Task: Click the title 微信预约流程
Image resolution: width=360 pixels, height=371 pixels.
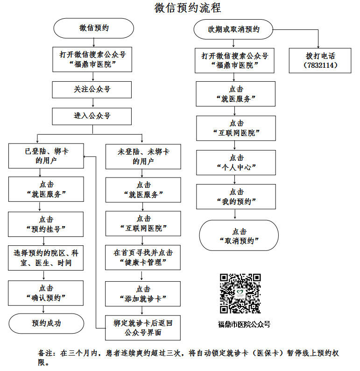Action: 187,8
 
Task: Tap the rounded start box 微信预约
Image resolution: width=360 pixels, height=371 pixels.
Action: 93,28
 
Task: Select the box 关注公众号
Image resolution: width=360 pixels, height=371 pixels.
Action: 92,90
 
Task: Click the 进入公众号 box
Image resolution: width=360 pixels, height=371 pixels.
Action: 92,116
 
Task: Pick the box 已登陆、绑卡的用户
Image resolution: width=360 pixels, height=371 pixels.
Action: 46,156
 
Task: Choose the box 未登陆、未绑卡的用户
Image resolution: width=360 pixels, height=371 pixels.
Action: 143,157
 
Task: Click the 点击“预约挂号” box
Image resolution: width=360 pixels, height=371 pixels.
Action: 46,224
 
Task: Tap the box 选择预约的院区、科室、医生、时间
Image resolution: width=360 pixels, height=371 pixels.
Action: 46,258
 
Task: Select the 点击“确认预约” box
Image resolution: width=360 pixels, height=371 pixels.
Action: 46,293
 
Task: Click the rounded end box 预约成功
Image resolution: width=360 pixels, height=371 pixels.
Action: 46,323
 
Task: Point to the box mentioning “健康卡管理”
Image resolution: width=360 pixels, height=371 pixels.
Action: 143,257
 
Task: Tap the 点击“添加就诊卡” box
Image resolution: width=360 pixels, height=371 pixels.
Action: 143,294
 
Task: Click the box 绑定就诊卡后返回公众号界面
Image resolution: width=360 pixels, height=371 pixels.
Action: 143,328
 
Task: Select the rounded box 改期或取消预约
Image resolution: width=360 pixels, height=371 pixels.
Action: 233,29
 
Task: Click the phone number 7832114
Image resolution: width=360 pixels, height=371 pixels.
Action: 320,65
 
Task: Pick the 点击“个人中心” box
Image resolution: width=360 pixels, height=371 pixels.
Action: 236,163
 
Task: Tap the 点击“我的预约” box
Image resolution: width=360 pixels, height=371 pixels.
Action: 236,197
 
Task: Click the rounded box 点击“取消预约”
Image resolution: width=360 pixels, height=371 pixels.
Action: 239,235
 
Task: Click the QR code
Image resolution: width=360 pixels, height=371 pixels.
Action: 240,293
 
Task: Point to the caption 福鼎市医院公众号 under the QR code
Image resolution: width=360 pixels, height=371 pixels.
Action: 244,324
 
